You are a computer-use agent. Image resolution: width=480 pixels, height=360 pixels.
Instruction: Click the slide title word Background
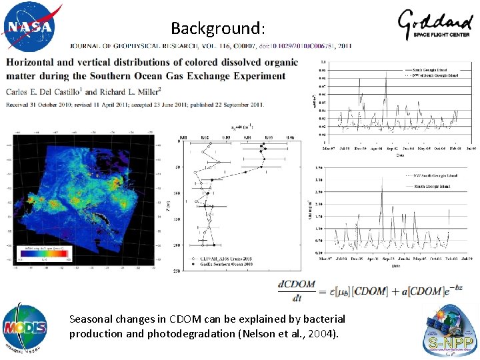coord(217,28)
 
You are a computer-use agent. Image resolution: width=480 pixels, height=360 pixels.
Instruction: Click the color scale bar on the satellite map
coord(36,255)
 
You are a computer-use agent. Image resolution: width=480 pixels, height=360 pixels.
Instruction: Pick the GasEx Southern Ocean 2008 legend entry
coord(221,265)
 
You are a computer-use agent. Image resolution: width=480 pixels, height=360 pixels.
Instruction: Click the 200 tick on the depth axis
coord(177,245)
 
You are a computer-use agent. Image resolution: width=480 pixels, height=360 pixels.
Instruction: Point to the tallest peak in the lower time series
coord(382,190)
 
